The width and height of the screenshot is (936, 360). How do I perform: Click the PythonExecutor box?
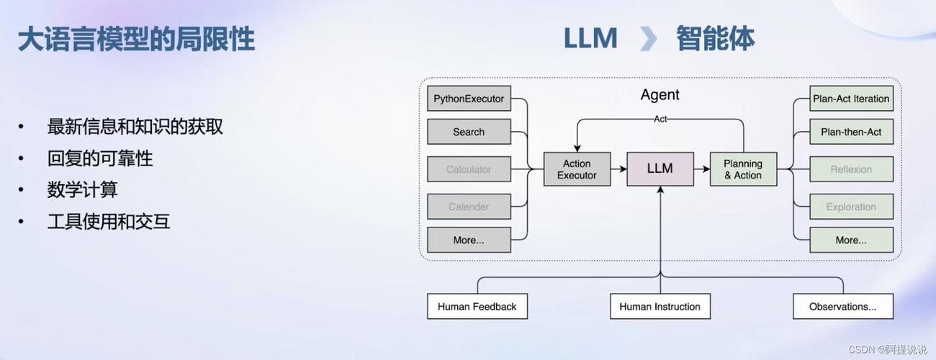(469, 99)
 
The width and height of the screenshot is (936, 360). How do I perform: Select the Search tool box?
(469, 132)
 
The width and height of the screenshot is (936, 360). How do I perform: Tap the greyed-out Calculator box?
(469, 169)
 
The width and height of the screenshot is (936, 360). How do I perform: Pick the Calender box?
(469, 207)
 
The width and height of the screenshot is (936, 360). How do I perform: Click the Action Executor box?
(577, 169)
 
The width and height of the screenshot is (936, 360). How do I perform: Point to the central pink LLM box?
(660, 169)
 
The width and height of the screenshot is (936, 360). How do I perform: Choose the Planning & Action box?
(743, 169)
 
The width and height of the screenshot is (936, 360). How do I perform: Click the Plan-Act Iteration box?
(851, 99)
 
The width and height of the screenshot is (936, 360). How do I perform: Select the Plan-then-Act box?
(851, 132)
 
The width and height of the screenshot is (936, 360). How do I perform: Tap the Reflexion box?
(851, 169)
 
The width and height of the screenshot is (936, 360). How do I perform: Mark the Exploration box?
(851, 207)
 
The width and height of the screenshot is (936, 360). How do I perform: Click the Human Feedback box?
(477, 307)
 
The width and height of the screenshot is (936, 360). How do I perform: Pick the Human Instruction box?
(660, 307)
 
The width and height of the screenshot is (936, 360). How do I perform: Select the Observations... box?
(842, 307)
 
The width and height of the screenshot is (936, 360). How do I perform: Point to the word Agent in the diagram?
(660, 95)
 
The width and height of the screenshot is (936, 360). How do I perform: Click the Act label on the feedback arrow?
(660, 119)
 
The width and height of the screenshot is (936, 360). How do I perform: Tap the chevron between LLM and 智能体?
(648, 39)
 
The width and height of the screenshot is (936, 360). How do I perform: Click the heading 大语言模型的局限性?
(136, 39)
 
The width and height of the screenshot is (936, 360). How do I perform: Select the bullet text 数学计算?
(82, 190)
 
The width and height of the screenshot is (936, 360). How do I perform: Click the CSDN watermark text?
(888, 349)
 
